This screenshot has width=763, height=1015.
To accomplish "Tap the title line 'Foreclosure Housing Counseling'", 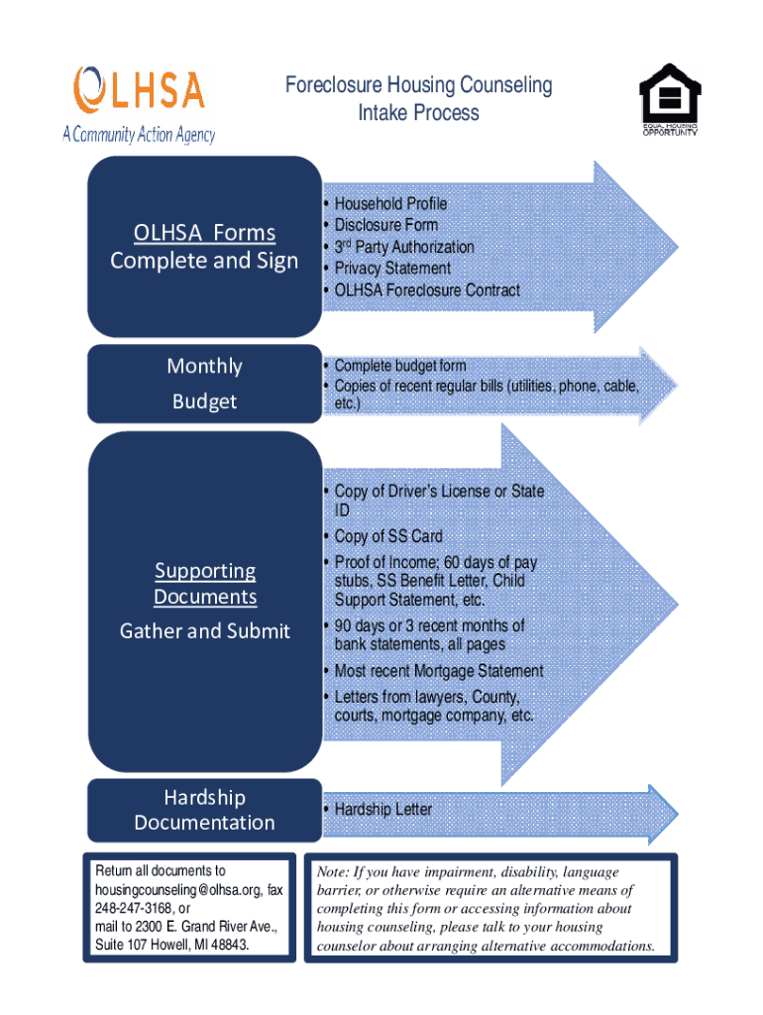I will pyautogui.click(x=418, y=85).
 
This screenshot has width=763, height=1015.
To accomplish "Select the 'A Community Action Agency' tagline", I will pyautogui.click(x=139, y=135).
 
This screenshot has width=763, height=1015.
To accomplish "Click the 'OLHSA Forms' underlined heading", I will pyautogui.click(x=204, y=233).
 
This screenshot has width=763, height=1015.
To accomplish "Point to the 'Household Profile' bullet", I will pyautogui.click(x=390, y=203).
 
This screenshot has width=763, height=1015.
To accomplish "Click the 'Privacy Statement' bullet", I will pyautogui.click(x=392, y=269).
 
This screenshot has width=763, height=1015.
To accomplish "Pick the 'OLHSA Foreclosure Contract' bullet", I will pyautogui.click(x=427, y=290).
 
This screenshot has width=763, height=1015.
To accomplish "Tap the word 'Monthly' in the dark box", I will pyautogui.click(x=204, y=367).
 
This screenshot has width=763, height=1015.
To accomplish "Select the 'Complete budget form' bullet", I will pyautogui.click(x=400, y=366).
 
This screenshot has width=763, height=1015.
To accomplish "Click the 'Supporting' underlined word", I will pyautogui.click(x=205, y=571).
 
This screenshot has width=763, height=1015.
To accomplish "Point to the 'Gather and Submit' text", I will pyautogui.click(x=205, y=631).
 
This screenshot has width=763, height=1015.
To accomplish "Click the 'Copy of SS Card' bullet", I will pyautogui.click(x=388, y=536).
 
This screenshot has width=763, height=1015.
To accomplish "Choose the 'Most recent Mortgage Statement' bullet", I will pyautogui.click(x=439, y=671).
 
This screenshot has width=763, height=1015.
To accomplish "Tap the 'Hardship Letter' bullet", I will pyautogui.click(x=383, y=810).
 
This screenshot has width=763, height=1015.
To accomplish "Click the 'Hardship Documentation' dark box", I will pyautogui.click(x=204, y=810).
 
